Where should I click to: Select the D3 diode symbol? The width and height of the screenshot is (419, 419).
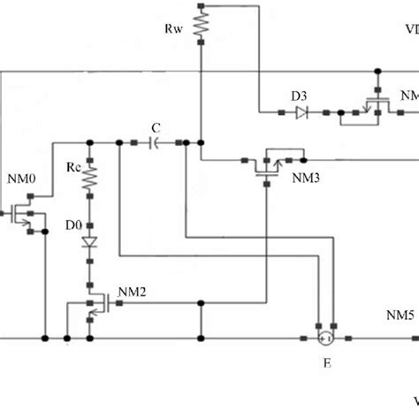(x=301, y=112)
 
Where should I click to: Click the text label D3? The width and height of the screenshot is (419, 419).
(x=299, y=95)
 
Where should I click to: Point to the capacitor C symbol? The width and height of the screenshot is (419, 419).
(x=156, y=141)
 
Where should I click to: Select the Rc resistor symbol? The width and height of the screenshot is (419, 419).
(x=89, y=180)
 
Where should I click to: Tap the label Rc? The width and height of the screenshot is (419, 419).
(x=72, y=169)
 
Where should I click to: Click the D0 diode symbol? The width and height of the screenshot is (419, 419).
(x=89, y=241)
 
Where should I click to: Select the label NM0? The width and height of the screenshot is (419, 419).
(x=21, y=179)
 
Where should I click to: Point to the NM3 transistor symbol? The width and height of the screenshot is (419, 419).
(x=264, y=164)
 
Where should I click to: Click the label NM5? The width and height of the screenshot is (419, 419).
(x=399, y=315)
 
